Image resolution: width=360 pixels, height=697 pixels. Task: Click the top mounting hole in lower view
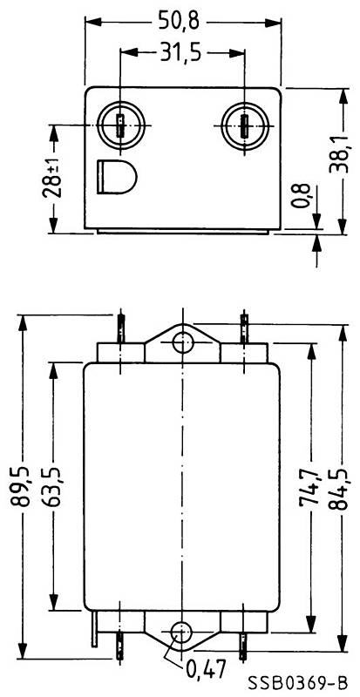coord(181,342)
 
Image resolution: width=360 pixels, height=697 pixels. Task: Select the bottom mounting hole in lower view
coord(181,632)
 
